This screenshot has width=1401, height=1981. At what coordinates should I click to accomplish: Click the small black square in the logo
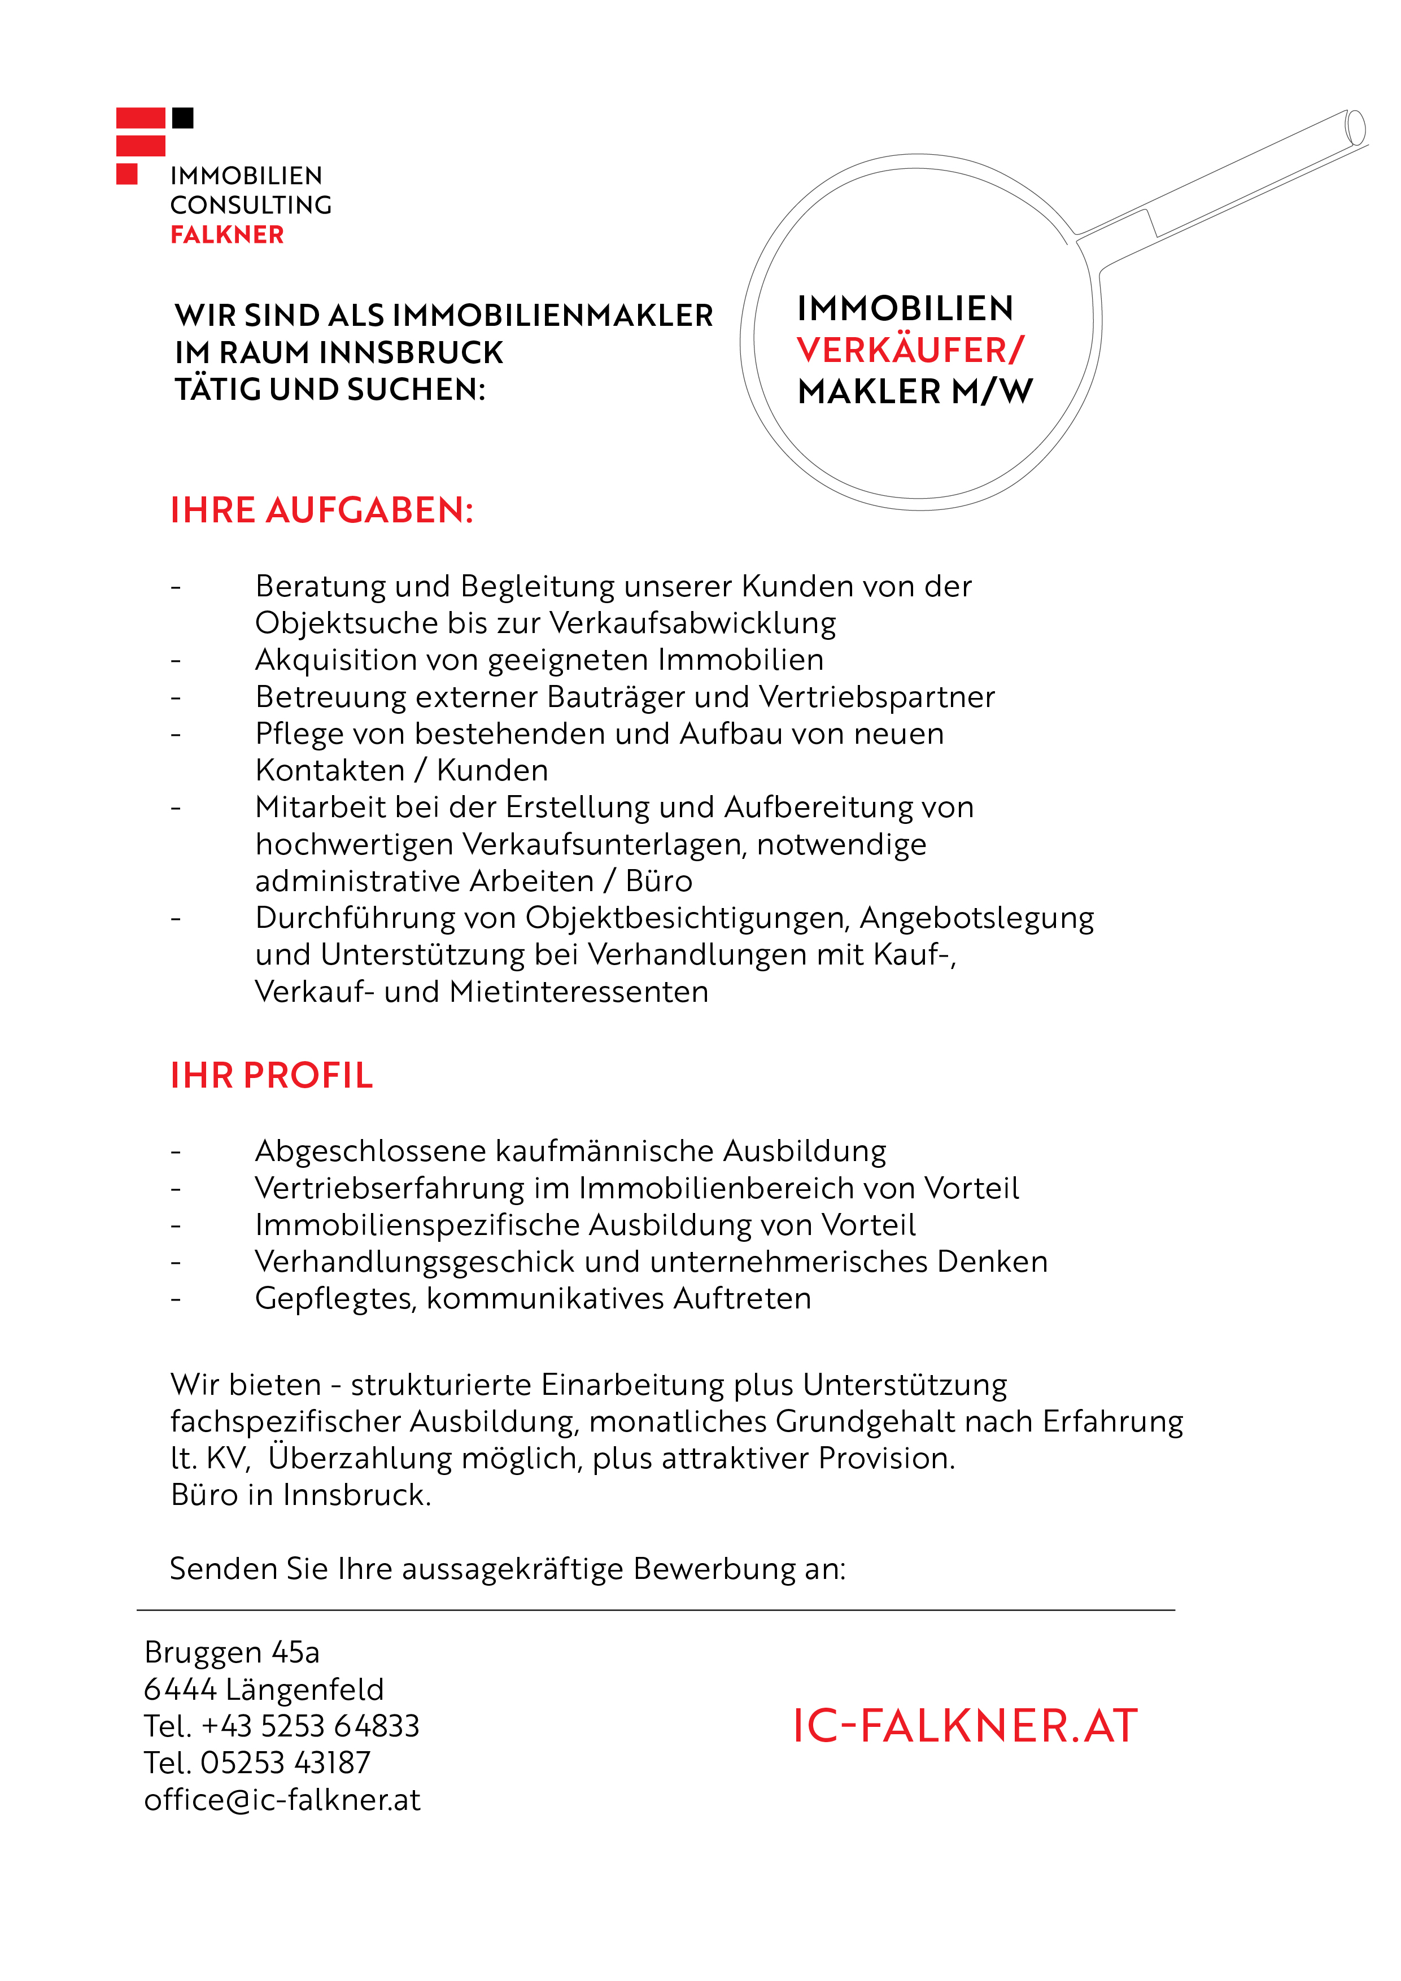pyautogui.click(x=183, y=118)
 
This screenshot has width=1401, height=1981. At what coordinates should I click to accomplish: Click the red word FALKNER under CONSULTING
pyautogui.click(x=227, y=235)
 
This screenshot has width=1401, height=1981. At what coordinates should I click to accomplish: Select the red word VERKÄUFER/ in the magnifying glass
pyautogui.click(x=910, y=350)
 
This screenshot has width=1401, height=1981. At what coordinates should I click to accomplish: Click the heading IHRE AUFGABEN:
pyautogui.click(x=322, y=511)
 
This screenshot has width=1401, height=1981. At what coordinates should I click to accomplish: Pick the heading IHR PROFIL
pyautogui.click(x=272, y=1076)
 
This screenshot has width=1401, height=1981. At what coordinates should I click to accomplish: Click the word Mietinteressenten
pyautogui.click(x=579, y=992)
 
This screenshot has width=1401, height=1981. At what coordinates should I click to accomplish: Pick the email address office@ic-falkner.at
pyautogui.click(x=282, y=1800)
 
